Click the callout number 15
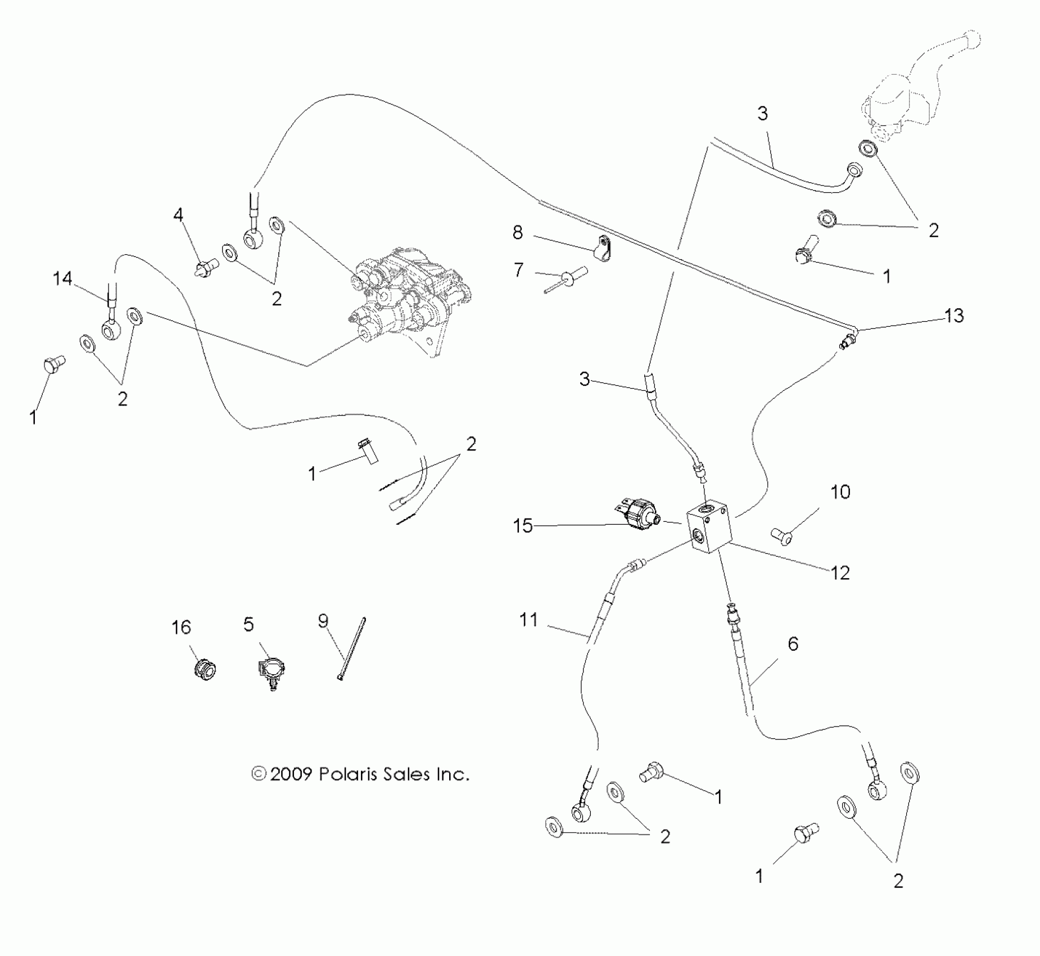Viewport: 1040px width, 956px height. [x=522, y=526]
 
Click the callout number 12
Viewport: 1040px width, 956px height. [x=840, y=573]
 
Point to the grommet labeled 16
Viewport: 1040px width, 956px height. [x=204, y=669]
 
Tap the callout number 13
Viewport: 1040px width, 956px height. [x=954, y=315]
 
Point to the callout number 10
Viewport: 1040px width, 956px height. [x=840, y=492]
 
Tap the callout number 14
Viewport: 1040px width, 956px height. [x=63, y=278]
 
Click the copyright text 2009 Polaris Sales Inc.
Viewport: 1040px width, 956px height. [x=360, y=774]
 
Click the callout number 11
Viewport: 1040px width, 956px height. [x=528, y=620]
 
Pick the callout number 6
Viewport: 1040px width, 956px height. [x=793, y=643]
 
